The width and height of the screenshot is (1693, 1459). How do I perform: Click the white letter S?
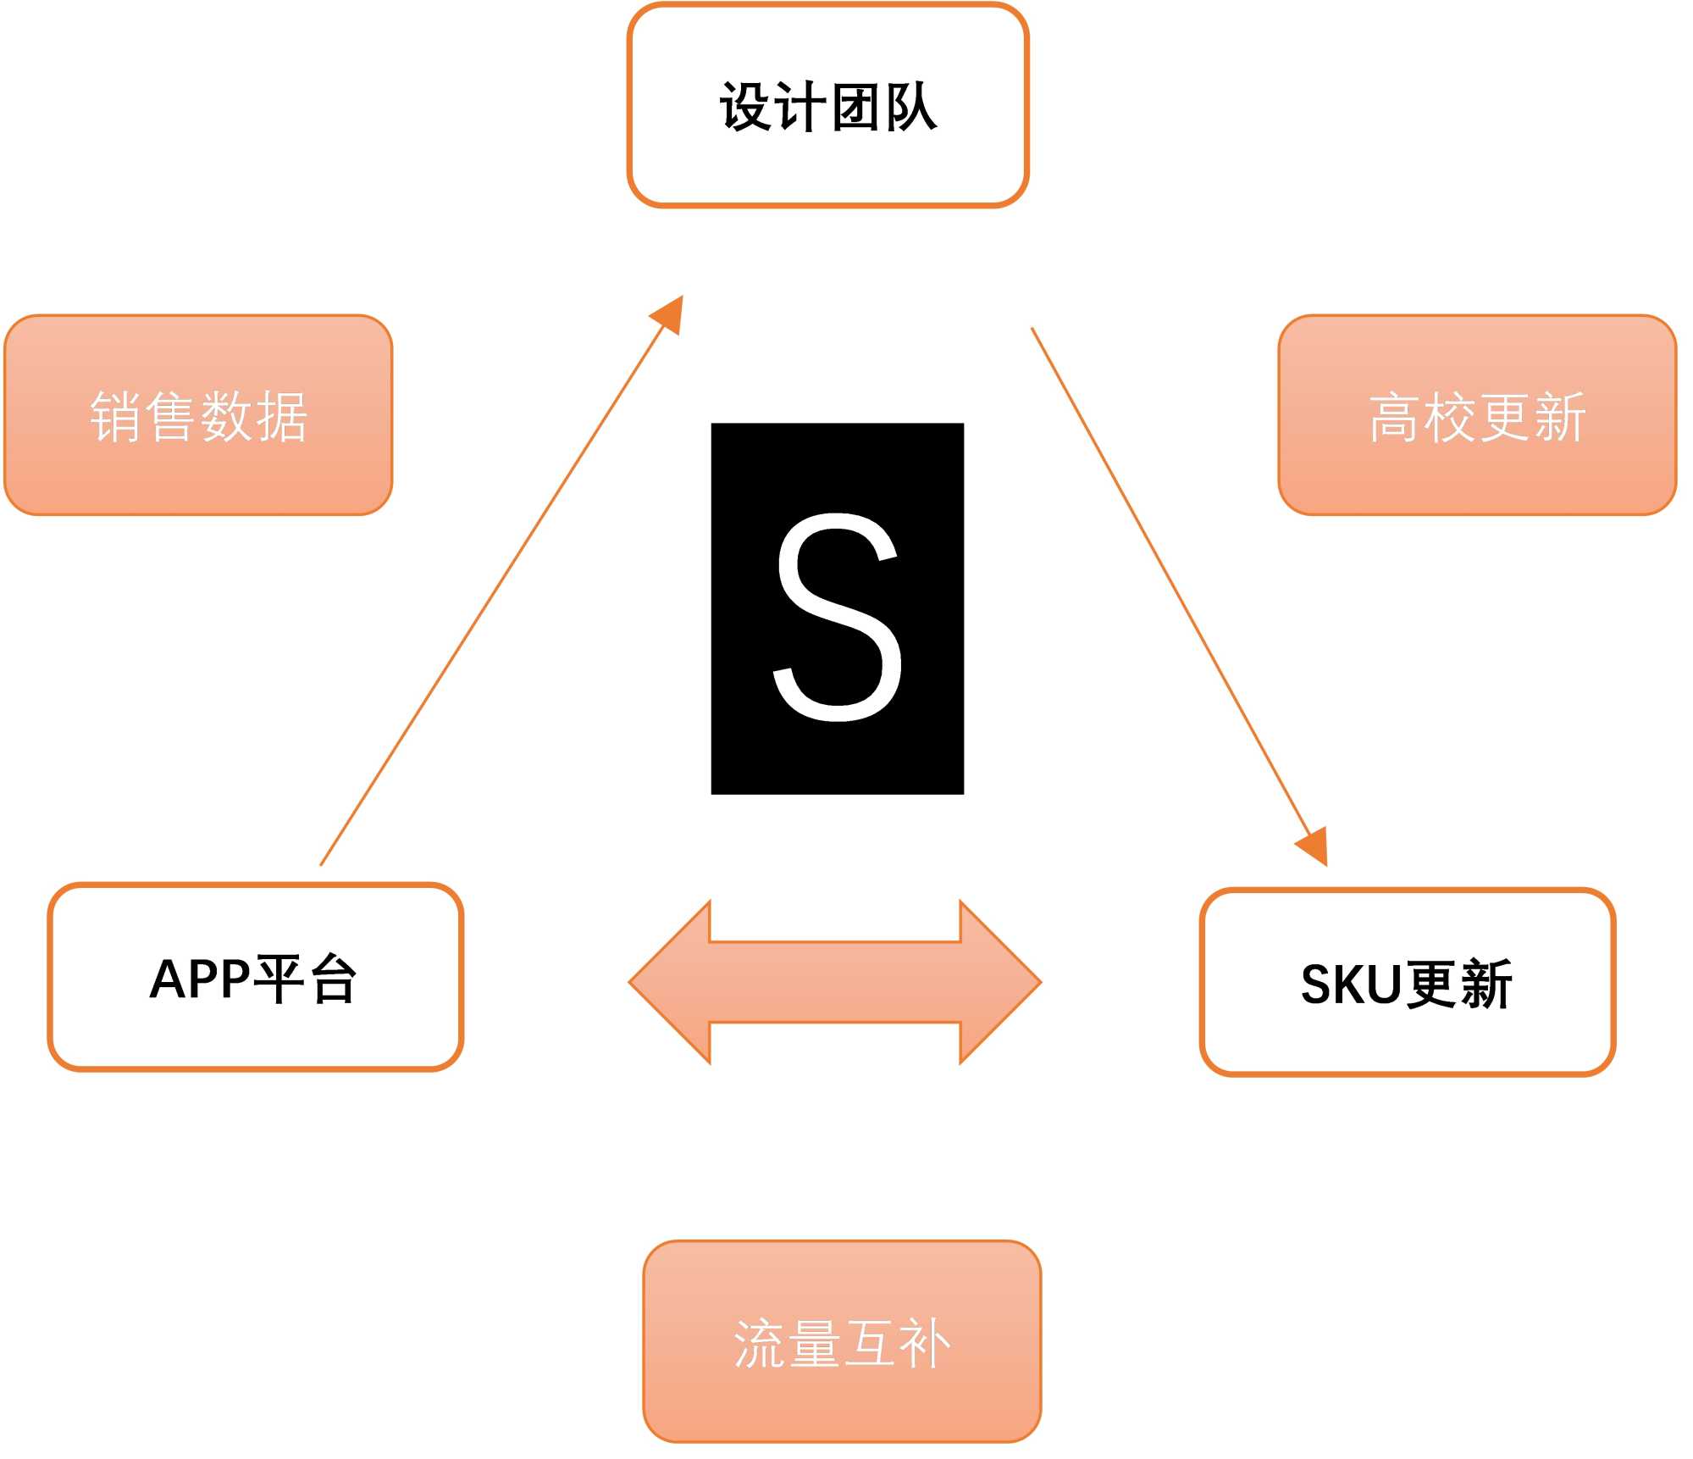click(838, 617)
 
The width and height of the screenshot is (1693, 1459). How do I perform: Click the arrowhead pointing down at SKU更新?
click(1314, 845)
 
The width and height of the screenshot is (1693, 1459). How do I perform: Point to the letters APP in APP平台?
click(200, 979)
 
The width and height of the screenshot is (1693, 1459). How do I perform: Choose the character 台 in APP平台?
click(333, 979)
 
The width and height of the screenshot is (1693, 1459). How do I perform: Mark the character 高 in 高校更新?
click(1395, 418)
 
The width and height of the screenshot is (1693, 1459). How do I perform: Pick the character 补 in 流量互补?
click(925, 1344)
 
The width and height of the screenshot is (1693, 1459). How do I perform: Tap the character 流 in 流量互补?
click(759, 1344)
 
